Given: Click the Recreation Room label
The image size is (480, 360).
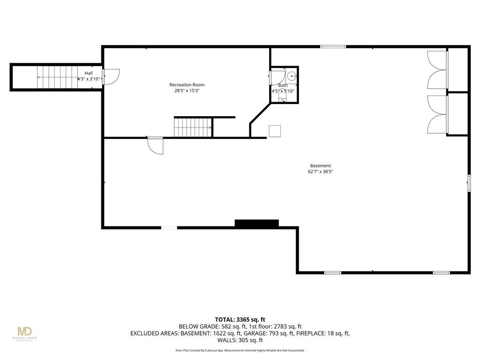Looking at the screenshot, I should tap(187, 85).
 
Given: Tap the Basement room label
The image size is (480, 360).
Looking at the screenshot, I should tap(320, 165).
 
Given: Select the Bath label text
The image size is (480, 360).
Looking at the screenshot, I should tap(283, 85).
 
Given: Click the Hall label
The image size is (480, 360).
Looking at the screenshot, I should tap(89, 73).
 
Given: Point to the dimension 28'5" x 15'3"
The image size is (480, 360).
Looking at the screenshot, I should tap(187, 91).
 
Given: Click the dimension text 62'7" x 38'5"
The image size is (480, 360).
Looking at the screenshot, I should tap(320, 172).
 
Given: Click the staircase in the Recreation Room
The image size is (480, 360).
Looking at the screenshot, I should tap(193, 127).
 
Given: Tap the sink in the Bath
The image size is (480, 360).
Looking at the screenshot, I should tap(291, 75).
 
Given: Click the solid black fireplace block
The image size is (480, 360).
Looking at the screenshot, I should tap(256, 223).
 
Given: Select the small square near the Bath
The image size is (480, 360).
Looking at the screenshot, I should tap(275, 131).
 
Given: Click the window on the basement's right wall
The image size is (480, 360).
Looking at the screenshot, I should tap(468, 183).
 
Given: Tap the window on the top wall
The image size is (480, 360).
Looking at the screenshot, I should tap(333, 46).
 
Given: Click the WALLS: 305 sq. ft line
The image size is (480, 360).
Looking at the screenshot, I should tap(240, 340).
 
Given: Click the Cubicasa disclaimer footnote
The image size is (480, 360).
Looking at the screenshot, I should tap(240, 350).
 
